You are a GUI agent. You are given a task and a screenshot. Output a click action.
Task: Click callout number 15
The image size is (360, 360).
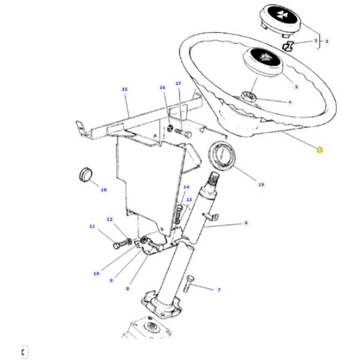pyautogui.click(x=125, y=90)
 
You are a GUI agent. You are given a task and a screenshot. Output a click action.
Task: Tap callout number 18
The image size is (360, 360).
pyautogui.click(x=103, y=190)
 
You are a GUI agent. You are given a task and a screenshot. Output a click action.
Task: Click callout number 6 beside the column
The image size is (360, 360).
pyautogui.click(x=246, y=224)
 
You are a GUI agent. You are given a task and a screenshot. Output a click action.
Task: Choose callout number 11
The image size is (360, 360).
pyautogui.click(x=92, y=227)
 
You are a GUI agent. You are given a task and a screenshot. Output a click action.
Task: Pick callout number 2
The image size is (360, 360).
pyautogui.click(x=326, y=41)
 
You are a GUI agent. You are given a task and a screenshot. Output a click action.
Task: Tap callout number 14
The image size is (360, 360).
pyautogui.click(x=186, y=187)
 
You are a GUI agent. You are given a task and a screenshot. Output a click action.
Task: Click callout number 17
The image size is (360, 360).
pyautogui.click(x=178, y=84)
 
